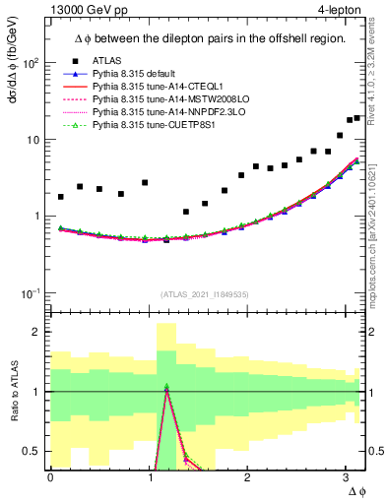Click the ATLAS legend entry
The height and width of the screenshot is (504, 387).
pyautogui.click(x=105, y=60)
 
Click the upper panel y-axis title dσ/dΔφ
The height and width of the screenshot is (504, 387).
pyautogui.click(x=13, y=69)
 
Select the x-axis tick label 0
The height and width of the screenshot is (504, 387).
pyautogui.click(x=50, y=477)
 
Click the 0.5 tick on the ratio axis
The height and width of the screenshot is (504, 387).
pyautogui.click(x=32, y=452)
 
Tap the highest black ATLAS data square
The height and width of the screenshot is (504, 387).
pyautogui.click(x=357, y=118)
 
